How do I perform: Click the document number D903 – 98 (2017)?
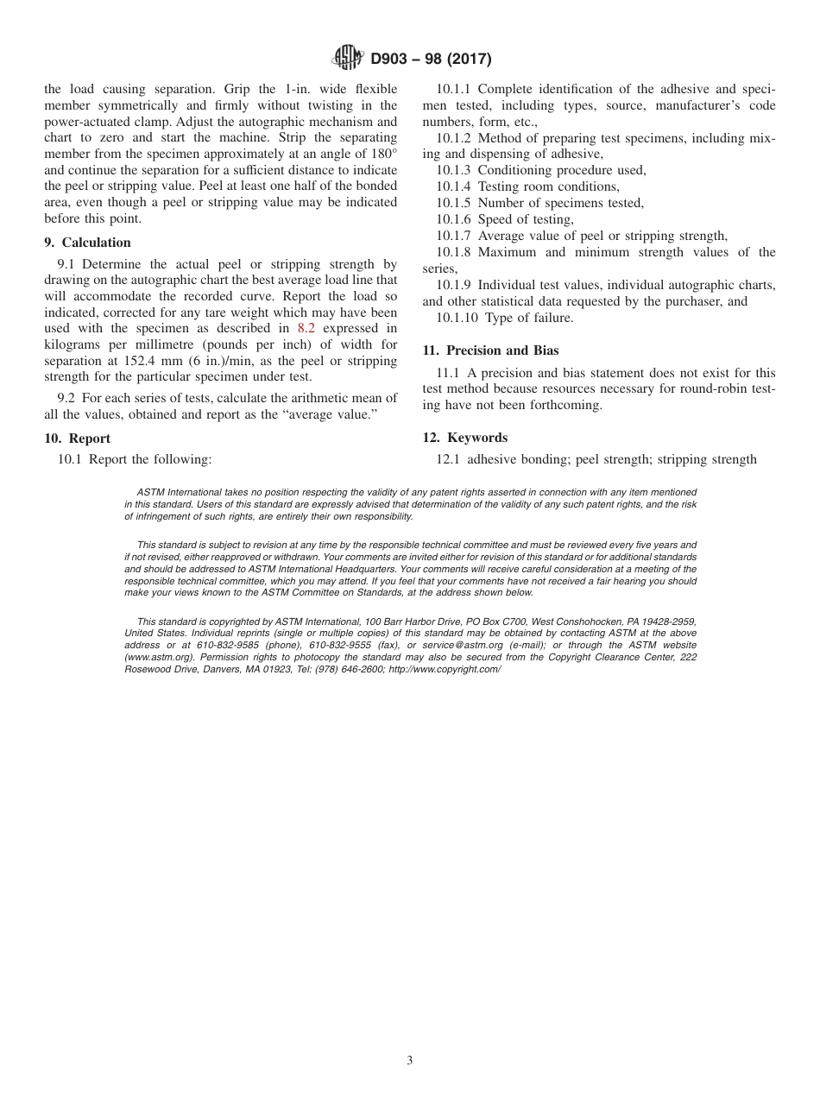[431, 60]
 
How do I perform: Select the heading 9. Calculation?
[88, 243]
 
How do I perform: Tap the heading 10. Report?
[78, 439]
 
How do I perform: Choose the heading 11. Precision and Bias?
[490, 350]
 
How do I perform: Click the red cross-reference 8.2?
[306, 328]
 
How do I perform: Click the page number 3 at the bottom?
[410, 1061]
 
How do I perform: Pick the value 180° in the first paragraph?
[381, 154]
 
